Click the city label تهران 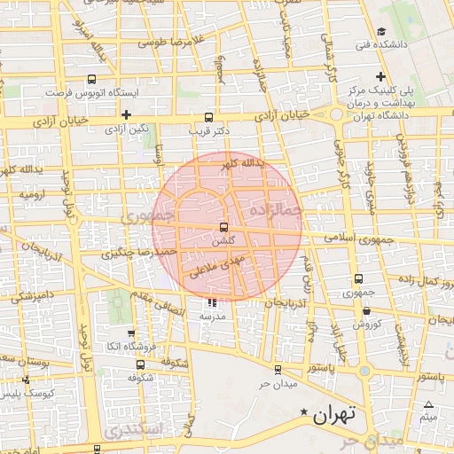tap(334, 413)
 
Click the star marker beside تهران tap(306, 412)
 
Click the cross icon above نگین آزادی tap(128, 114)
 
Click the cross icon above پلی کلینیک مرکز tap(380, 76)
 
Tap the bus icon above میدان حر tap(278, 370)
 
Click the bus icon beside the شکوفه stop tap(140, 364)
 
